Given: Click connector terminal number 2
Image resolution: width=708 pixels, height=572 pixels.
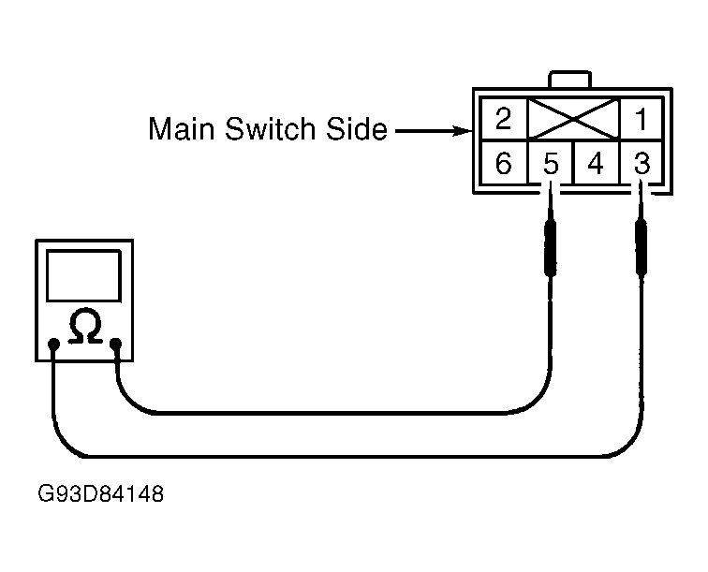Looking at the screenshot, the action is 504,119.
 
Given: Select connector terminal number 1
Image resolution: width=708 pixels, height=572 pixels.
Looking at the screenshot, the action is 642,119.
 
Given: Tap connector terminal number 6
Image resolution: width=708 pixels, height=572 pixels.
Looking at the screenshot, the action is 504,163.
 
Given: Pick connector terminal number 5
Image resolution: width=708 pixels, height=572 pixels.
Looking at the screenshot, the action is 551,163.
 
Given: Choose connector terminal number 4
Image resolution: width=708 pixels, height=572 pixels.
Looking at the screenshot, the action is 596,163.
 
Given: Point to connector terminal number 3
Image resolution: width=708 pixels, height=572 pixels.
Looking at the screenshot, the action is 642,163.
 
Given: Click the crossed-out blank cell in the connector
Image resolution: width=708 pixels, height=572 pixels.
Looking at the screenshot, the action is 573,119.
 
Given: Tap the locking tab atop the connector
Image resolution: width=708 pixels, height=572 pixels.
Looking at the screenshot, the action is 569,79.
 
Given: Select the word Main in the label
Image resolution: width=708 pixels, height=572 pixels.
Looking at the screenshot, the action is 181,128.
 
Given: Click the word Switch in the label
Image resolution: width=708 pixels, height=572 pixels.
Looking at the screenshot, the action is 270,128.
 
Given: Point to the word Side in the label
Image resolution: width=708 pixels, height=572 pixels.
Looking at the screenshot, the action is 357,128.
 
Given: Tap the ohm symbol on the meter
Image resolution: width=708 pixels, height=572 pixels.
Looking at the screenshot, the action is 85,327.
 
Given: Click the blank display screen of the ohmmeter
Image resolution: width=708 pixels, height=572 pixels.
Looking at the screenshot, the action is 83,275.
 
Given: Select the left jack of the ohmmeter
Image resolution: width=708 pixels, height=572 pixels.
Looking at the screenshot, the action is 53,345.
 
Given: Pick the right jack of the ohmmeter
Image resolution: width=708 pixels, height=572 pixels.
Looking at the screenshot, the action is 116,345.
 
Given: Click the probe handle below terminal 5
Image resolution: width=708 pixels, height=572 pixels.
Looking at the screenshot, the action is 550,247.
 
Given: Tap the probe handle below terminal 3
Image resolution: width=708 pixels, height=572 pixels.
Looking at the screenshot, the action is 642,247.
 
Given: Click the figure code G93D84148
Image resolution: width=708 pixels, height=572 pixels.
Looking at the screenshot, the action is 101,494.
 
